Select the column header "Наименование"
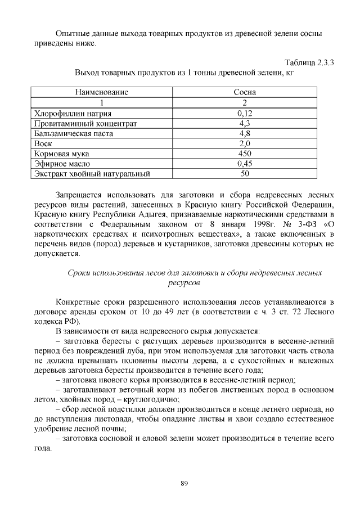102,92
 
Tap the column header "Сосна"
245,92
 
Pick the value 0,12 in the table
245,112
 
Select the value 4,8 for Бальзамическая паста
245,133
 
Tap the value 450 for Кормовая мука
245,154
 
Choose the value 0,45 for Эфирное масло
245,164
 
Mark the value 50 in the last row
245,174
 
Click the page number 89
184,483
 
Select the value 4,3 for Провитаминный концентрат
245,123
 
